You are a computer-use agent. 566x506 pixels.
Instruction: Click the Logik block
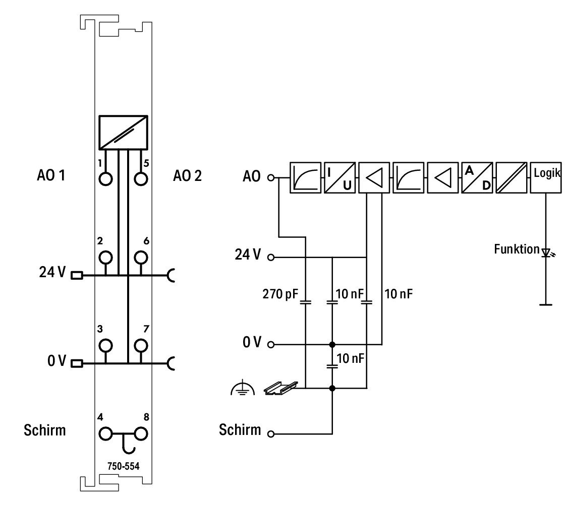(546, 177)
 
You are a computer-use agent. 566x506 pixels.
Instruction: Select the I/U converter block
(339, 177)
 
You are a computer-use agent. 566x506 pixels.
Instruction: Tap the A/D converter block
(477, 177)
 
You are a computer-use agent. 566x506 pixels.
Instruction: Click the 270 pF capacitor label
(280, 294)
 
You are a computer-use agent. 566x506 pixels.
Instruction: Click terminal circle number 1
(105, 179)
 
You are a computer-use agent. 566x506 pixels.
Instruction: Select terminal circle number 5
(141, 179)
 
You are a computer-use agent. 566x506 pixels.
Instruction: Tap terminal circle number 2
(105, 258)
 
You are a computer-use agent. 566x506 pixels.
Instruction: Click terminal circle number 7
(141, 346)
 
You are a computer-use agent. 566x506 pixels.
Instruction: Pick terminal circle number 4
(105, 434)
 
